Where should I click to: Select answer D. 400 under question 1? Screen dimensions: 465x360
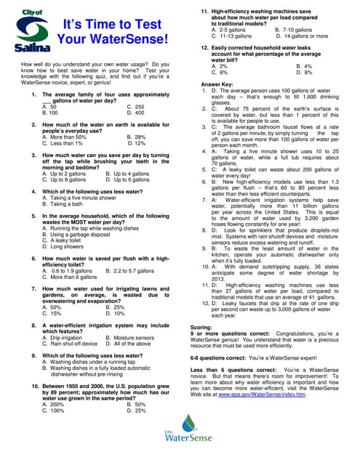click(135, 113)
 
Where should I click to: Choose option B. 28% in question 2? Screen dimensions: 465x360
click(136, 137)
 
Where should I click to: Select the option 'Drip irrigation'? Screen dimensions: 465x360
click(62, 338)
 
